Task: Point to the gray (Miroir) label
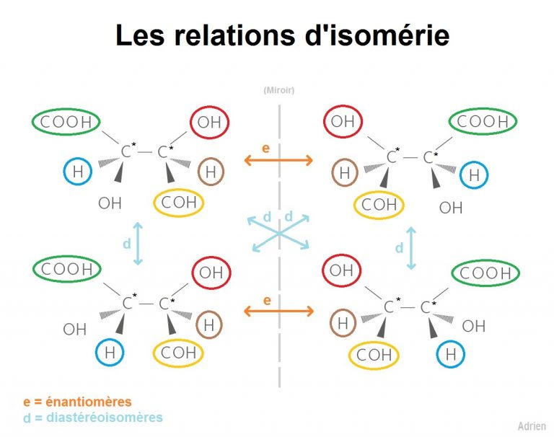point(278,90)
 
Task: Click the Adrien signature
point(532,426)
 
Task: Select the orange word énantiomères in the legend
point(88,402)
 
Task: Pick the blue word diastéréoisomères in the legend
point(105,418)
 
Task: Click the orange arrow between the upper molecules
point(278,160)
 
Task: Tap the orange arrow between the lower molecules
point(278,312)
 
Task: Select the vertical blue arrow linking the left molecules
point(138,244)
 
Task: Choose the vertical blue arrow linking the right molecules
point(410,248)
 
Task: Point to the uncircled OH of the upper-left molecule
point(110,203)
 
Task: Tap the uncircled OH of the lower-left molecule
point(74,330)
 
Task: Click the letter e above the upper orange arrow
point(266,149)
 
